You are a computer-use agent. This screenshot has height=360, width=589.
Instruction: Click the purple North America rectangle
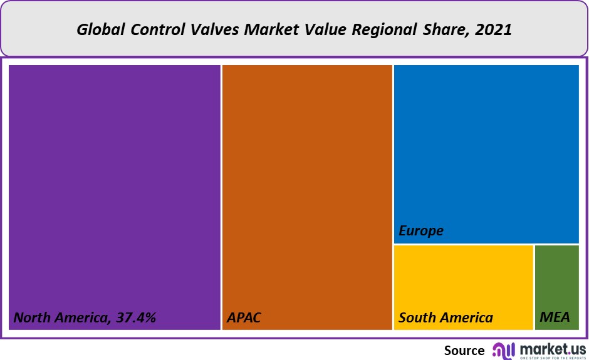pos(115,188)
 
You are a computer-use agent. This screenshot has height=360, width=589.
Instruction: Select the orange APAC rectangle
pos(307,188)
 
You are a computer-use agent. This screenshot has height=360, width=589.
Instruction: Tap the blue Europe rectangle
pos(486,150)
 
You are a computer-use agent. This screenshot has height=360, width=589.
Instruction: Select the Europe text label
pos(421,231)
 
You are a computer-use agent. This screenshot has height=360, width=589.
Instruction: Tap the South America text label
pos(446,318)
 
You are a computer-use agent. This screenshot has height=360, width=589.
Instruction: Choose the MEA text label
pos(555,318)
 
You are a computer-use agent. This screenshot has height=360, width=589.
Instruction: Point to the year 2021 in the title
pos(494,29)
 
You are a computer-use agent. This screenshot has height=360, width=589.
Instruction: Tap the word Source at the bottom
pos(464,351)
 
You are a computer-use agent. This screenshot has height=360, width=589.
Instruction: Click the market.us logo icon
pos(504,350)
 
